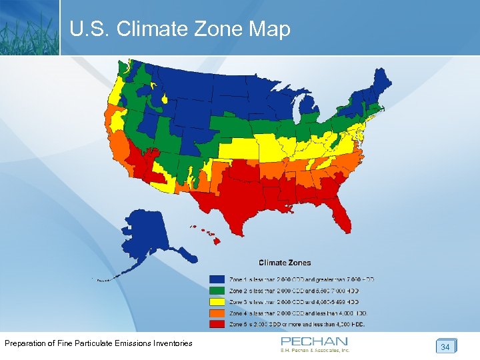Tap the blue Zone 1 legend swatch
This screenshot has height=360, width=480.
click(x=217, y=279)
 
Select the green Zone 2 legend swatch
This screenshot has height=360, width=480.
click(x=217, y=291)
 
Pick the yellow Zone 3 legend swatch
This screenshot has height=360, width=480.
click(x=217, y=302)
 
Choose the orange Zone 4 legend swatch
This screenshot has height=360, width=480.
click(x=217, y=313)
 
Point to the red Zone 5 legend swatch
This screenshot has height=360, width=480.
click(x=217, y=325)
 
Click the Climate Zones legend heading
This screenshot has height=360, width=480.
click(x=285, y=263)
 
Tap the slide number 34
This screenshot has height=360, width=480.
click(x=445, y=347)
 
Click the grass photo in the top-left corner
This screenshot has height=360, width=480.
click(x=29, y=27)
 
